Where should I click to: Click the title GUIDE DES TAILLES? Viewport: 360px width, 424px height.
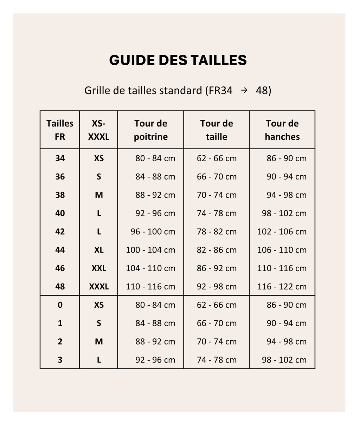(x=178, y=60)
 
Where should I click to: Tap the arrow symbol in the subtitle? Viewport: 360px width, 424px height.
(x=244, y=91)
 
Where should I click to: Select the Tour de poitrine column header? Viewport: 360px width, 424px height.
(x=150, y=130)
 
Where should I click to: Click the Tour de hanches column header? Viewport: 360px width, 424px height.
(x=282, y=130)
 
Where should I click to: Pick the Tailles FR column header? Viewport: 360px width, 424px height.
(x=60, y=130)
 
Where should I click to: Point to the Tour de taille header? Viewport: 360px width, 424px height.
(x=216, y=130)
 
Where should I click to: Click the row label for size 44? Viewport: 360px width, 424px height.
(x=60, y=250)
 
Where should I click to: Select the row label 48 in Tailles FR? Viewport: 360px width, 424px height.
(x=60, y=286)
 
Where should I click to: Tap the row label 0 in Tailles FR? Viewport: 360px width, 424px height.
(x=60, y=305)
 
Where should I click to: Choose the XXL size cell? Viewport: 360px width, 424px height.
(x=99, y=268)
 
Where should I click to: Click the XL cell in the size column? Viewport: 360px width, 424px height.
(x=99, y=250)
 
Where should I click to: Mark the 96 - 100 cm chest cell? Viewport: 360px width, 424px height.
(x=153, y=231)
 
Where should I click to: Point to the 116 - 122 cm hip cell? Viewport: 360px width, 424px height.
(x=282, y=286)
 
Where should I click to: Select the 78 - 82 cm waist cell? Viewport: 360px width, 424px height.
(x=217, y=231)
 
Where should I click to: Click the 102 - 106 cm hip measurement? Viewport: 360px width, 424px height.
(x=282, y=231)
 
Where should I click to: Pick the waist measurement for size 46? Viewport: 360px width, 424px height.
(x=217, y=268)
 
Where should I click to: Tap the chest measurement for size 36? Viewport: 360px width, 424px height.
(x=155, y=176)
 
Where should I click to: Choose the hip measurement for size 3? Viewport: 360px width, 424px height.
(x=284, y=360)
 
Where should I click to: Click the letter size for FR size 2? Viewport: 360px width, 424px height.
(x=99, y=341)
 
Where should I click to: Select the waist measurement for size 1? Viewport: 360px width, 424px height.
(x=217, y=323)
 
